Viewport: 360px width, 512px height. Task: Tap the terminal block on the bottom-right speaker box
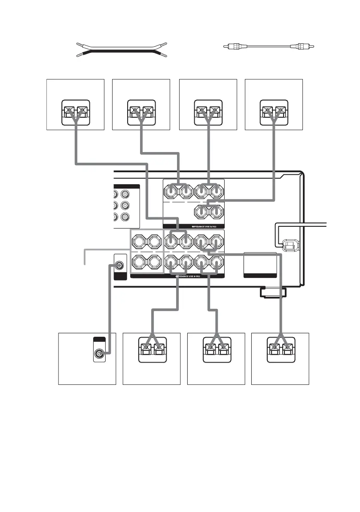(x=281, y=348)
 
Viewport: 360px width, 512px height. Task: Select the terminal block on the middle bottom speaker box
(x=217, y=348)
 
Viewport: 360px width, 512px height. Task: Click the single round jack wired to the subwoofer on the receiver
(x=119, y=266)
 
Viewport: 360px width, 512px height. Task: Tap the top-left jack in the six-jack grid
(x=115, y=194)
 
